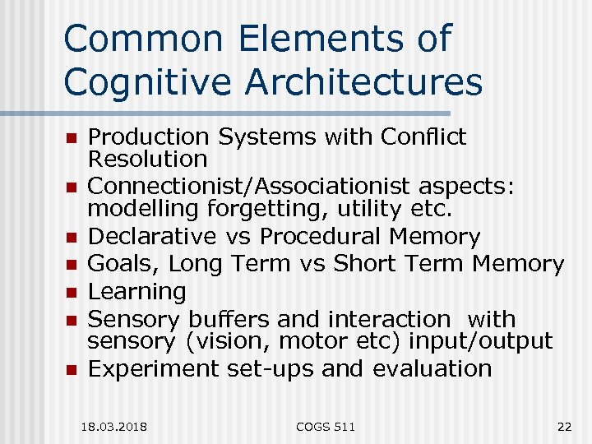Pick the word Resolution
point(148,159)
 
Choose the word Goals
point(116,264)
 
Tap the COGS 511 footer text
point(326,426)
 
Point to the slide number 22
point(563,426)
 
